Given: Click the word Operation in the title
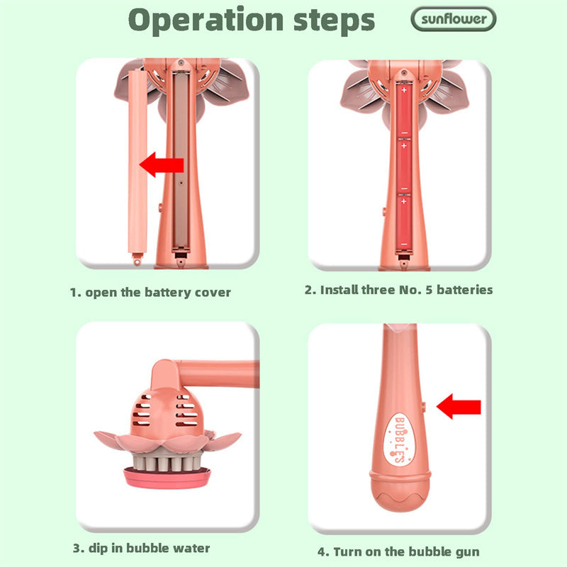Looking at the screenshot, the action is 206,21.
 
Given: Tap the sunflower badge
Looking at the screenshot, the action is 454,19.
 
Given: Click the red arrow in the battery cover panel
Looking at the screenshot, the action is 162,164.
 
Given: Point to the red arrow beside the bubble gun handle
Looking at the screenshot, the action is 459,406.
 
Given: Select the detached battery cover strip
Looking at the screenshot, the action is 137,163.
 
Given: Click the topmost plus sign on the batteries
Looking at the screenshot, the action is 404,89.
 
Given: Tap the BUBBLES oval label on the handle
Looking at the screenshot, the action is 400,439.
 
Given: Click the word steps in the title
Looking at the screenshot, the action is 334,21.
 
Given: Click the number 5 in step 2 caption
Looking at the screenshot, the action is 429,290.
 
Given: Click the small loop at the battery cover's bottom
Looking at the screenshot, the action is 137,259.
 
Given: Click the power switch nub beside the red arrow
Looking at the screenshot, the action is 424,407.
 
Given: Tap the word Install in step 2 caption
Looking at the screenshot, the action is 339,290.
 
